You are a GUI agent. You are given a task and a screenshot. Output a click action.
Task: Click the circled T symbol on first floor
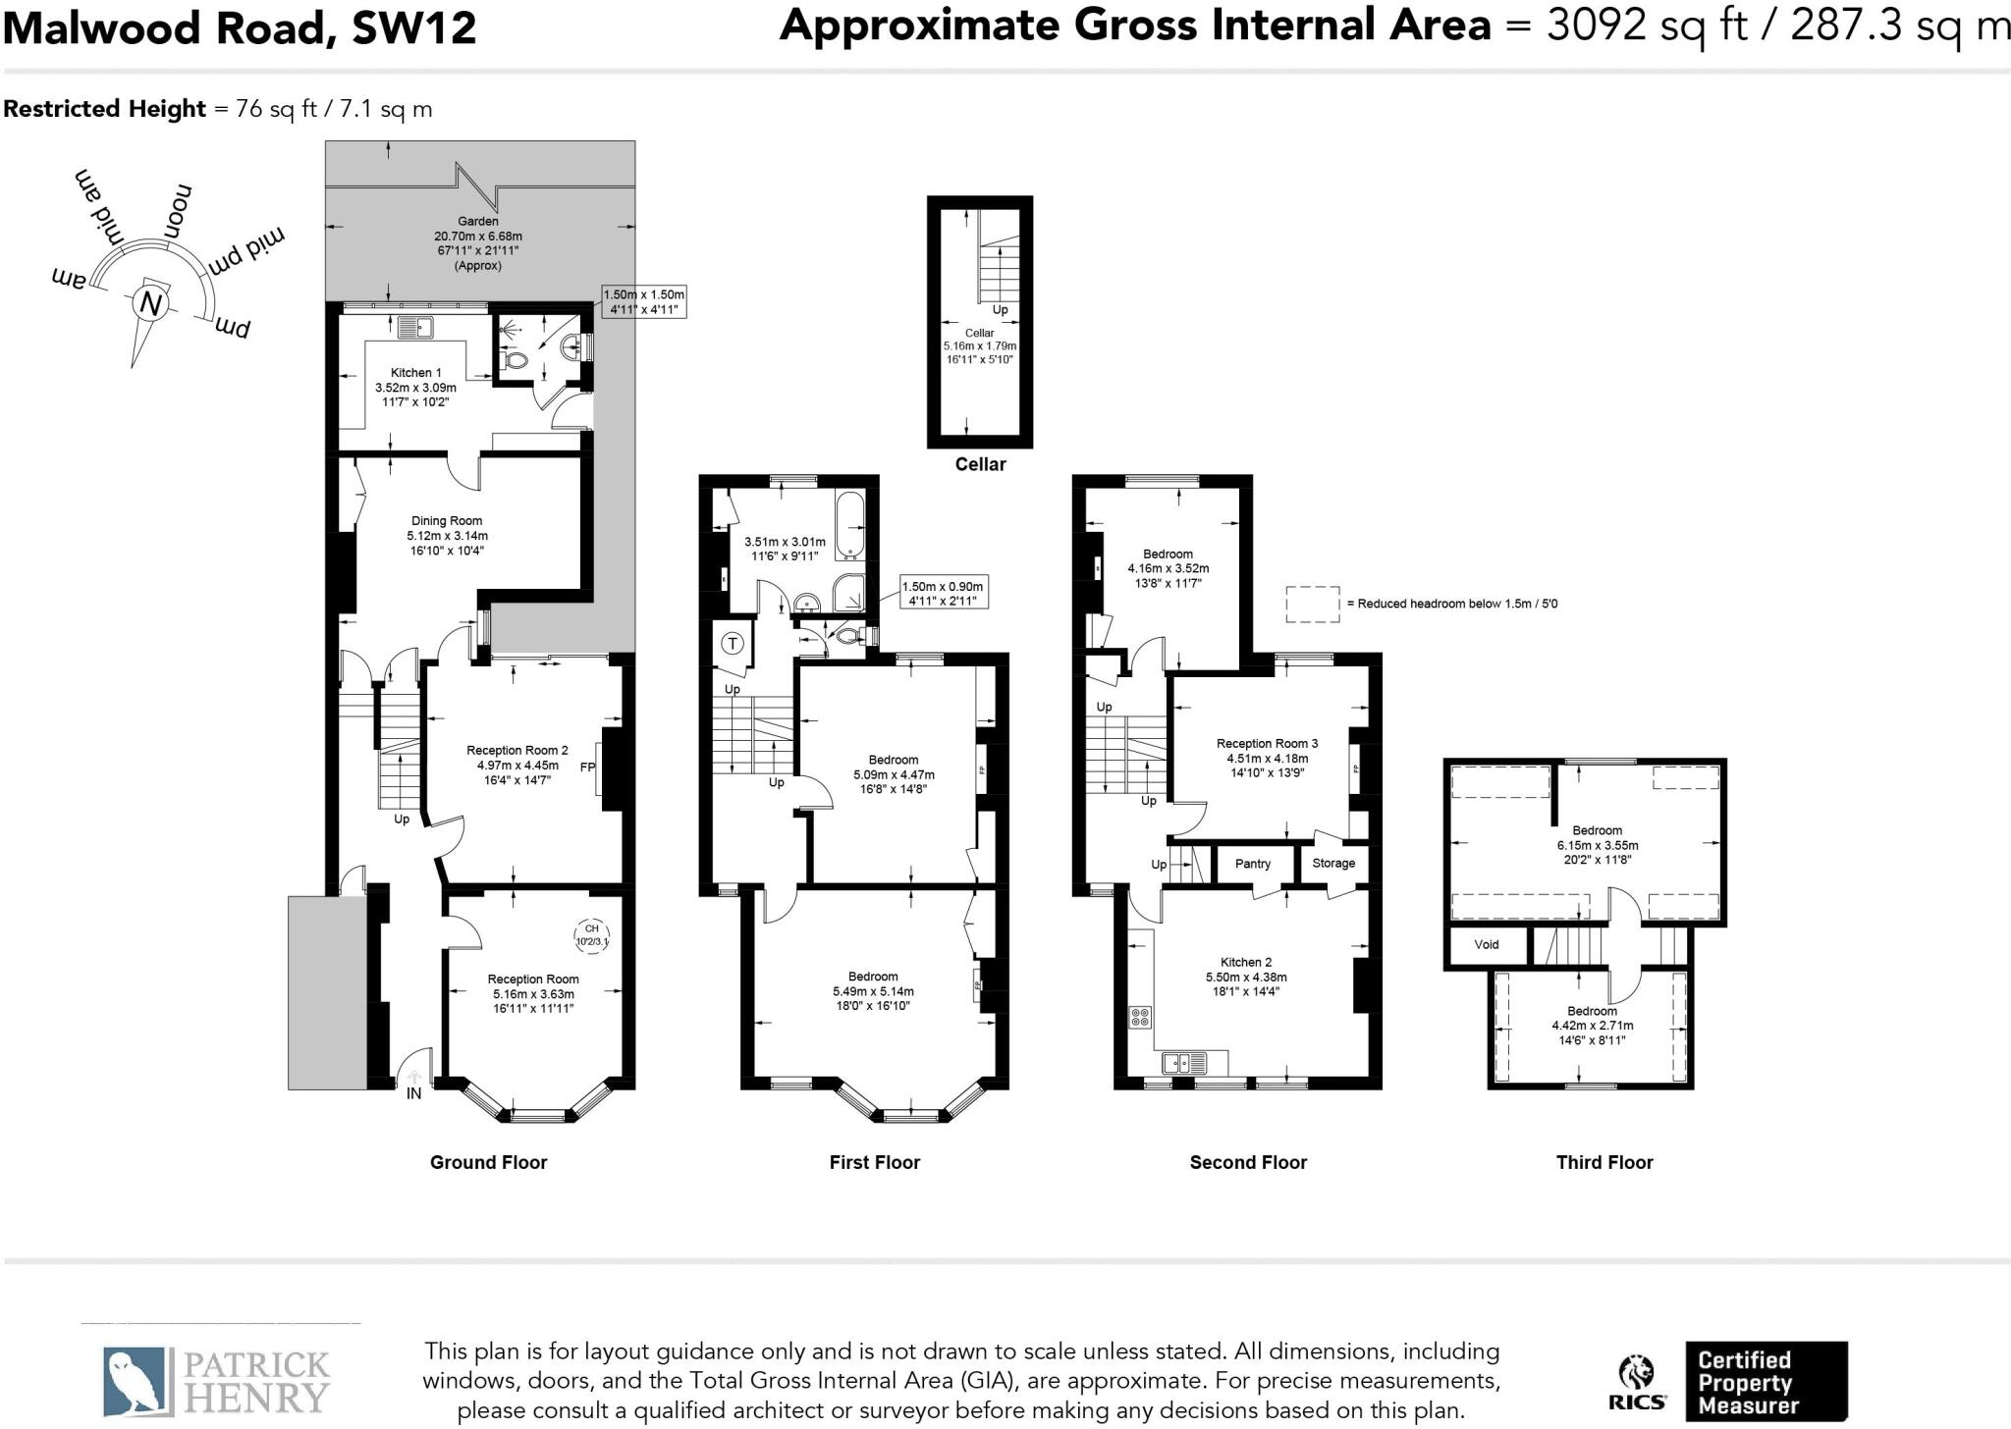tap(734, 644)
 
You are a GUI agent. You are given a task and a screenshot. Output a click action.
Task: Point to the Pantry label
tap(1253, 864)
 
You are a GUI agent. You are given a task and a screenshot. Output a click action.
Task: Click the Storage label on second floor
tap(1333, 864)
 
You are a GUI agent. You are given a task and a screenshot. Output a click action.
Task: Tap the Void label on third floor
tap(1487, 944)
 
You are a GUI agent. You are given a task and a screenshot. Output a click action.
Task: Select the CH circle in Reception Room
tap(591, 934)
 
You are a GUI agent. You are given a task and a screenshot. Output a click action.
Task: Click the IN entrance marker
tap(414, 1092)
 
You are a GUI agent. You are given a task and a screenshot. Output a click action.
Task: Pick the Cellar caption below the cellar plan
tap(980, 464)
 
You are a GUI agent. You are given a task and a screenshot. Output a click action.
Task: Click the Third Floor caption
tap(1604, 1162)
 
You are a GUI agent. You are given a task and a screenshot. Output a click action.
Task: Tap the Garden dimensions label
tap(478, 243)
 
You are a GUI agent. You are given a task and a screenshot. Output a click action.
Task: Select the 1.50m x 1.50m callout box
tap(644, 301)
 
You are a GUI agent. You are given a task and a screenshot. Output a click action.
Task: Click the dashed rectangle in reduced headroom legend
tap(1313, 604)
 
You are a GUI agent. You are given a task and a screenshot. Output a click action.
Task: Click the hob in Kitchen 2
tap(1141, 1017)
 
